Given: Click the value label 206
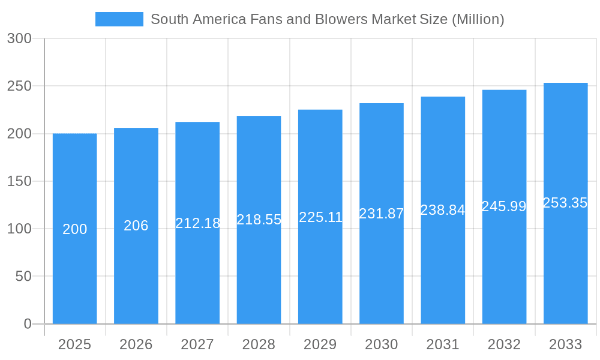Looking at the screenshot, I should coord(136,226).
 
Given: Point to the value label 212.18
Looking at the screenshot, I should coord(197,223).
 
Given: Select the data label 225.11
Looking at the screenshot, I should coord(320,217).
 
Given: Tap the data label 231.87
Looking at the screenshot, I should coord(382,214).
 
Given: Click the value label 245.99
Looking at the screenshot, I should coord(504,206).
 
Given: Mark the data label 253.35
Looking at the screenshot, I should coord(565,203).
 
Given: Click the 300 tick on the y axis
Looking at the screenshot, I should coord(19,38).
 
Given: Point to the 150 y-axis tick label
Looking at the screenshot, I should coord(19,181).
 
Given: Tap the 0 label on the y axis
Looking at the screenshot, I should coord(28,324).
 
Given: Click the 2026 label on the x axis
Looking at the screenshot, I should coord(136,344).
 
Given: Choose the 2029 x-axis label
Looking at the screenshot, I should coord(320,344).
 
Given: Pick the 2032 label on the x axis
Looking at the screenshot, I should coord(504,344).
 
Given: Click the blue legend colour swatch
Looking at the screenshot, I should coord(119,19).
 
